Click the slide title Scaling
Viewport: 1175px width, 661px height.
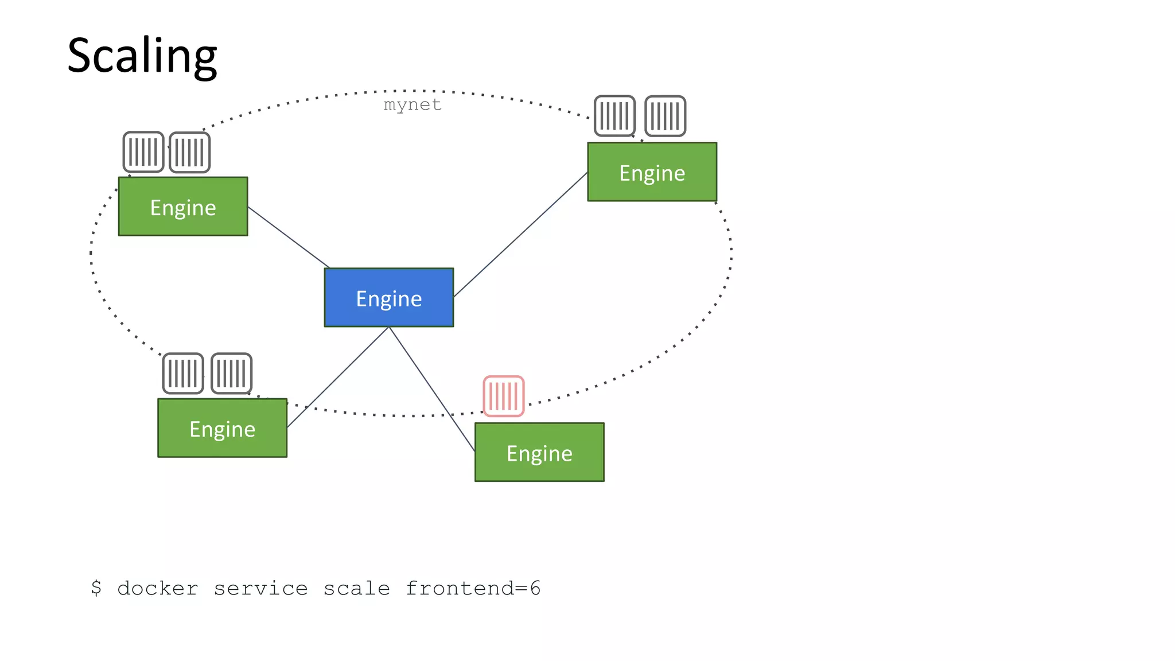tap(142, 56)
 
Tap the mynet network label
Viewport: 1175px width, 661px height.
tap(413, 105)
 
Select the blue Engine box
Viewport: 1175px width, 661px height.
tap(389, 298)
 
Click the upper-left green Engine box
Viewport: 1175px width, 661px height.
tap(183, 207)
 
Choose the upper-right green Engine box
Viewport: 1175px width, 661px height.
tap(652, 172)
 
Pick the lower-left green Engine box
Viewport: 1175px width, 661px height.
tap(222, 428)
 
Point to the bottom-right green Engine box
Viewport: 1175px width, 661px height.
tap(539, 452)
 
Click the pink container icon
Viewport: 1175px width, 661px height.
tap(504, 396)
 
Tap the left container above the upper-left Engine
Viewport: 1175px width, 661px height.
tap(143, 152)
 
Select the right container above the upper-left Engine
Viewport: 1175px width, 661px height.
tap(190, 153)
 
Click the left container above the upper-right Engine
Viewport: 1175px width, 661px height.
tap(614, 116)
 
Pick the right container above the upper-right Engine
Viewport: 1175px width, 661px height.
tap(666, 116)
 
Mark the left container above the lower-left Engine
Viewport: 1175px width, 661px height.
tap(183, 374)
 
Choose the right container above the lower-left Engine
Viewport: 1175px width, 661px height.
tap(232, 374)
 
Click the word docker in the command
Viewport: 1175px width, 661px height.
tap(158, 589)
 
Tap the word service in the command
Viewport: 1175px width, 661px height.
tap(260, 589)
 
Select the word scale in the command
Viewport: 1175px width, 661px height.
tap(356, 589)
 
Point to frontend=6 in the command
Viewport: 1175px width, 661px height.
tap(473, 589)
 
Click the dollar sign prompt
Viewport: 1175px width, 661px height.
tap(96, 588)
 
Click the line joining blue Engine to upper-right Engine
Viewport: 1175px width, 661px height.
tap(520, 234)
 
